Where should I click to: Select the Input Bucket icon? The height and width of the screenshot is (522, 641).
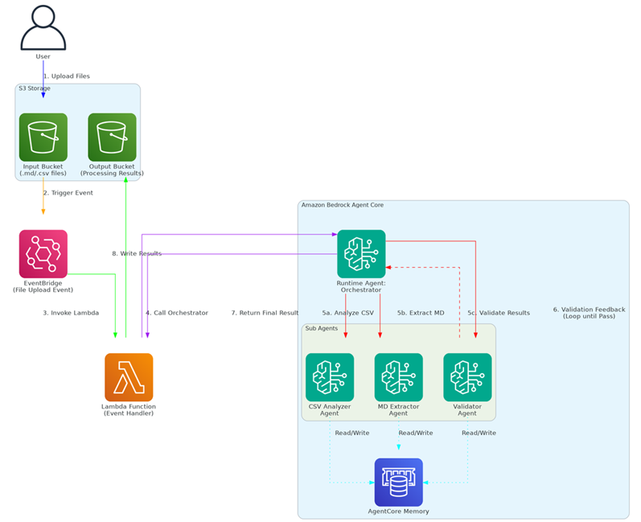43,137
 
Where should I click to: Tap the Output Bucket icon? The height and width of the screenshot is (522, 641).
112,137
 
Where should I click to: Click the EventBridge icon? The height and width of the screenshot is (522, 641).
43,253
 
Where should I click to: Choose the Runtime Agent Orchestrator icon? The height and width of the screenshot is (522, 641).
361,253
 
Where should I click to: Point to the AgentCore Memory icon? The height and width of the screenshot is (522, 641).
398,483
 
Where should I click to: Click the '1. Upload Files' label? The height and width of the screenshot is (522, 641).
67,76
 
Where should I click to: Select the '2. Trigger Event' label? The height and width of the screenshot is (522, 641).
68,193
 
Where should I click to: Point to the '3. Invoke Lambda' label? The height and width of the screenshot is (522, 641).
71,313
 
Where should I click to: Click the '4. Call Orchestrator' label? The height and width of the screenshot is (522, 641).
177,313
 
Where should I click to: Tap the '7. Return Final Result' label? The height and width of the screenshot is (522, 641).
265,313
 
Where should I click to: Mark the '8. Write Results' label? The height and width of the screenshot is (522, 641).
137,253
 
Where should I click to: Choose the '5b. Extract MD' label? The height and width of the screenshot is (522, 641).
421,313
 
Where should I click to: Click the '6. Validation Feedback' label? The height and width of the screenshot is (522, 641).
589,310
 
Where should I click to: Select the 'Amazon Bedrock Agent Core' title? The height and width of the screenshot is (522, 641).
342,205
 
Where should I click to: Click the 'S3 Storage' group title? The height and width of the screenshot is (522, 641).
35,88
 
